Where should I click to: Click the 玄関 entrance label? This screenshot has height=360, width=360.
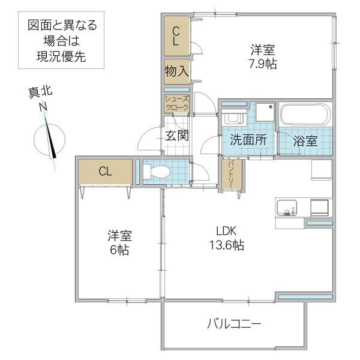(177, 135)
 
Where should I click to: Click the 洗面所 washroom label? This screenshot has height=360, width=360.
(248, 142)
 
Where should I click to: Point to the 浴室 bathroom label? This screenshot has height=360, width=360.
(305, 142)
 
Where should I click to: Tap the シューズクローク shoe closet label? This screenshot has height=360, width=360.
(177, 103)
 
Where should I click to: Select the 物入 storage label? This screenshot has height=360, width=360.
(177, 71)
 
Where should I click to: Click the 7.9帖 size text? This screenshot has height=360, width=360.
(262, 64)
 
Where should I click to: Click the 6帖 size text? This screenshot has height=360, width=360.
(119, 250)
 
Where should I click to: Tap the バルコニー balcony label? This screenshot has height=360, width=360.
(234, 325)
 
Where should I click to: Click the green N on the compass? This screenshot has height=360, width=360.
(43, 107)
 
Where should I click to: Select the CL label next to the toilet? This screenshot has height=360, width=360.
(105, 172)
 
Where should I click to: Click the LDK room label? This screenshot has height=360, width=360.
(226, 230)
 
